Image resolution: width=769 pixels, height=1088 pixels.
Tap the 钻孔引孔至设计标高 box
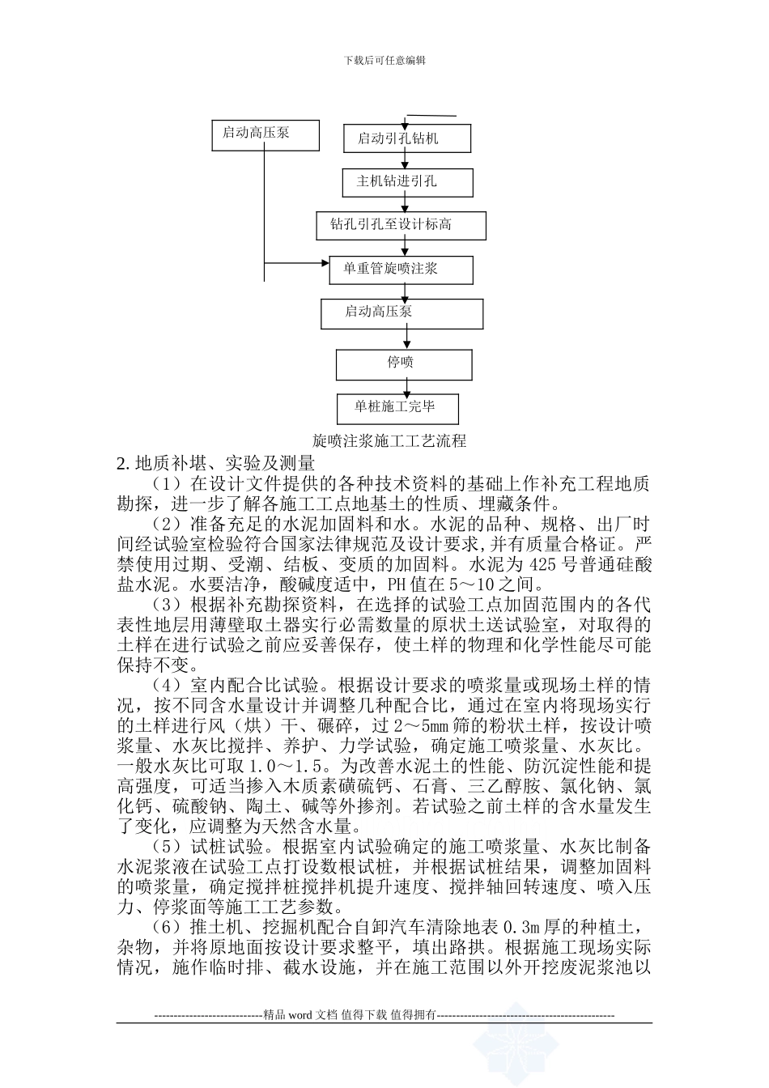point(401,225)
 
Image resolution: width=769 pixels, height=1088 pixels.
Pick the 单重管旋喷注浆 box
point(401,269)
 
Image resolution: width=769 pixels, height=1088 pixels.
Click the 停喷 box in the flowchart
point(404,363)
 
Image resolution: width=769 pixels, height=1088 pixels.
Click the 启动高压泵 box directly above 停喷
point(401,312)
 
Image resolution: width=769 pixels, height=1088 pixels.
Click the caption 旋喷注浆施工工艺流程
point(389,441)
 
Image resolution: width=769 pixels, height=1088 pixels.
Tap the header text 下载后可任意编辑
point(384,60)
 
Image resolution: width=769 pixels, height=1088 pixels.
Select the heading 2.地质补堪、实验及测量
point(215,464)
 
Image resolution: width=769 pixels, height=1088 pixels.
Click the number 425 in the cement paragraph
point(542,564)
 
